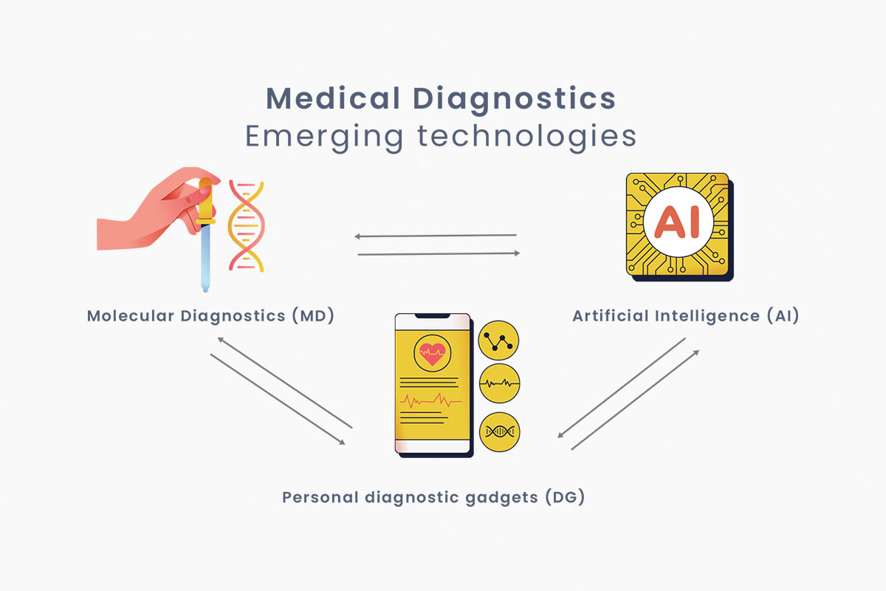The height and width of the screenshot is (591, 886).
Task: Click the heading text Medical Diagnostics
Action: click(x=441, y=98)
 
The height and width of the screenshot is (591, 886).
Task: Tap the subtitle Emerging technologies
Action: click(x=441, y=137)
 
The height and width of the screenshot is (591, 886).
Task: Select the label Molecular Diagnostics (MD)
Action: click(x=211, y=316)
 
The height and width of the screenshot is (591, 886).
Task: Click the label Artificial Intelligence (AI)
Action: click(x=686, y=316)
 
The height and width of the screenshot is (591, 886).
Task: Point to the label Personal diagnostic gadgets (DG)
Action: click(x=433, y=497)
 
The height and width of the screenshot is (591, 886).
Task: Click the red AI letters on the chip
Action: click(x=678, y=222)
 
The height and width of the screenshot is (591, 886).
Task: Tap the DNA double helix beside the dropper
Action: click(x=246, y=225)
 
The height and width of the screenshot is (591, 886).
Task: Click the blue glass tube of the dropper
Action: click(x=206, y=255)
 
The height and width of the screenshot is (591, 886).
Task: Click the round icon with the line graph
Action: click(x=499, y=341)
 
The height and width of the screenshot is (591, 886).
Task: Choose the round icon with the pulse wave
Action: click(x=499, y=384)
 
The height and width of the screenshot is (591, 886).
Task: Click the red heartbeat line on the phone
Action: click(x=432, y=402)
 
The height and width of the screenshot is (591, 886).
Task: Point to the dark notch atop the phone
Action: click(x=433, y=317)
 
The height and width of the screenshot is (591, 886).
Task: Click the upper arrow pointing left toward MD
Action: click(x=436, y=236)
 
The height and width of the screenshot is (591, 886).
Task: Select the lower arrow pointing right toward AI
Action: click(x=439, y=253)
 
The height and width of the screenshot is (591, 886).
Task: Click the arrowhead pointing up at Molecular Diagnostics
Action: click(x=220, y=339)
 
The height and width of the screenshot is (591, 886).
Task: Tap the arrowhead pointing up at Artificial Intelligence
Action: click(x=696, y=353)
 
